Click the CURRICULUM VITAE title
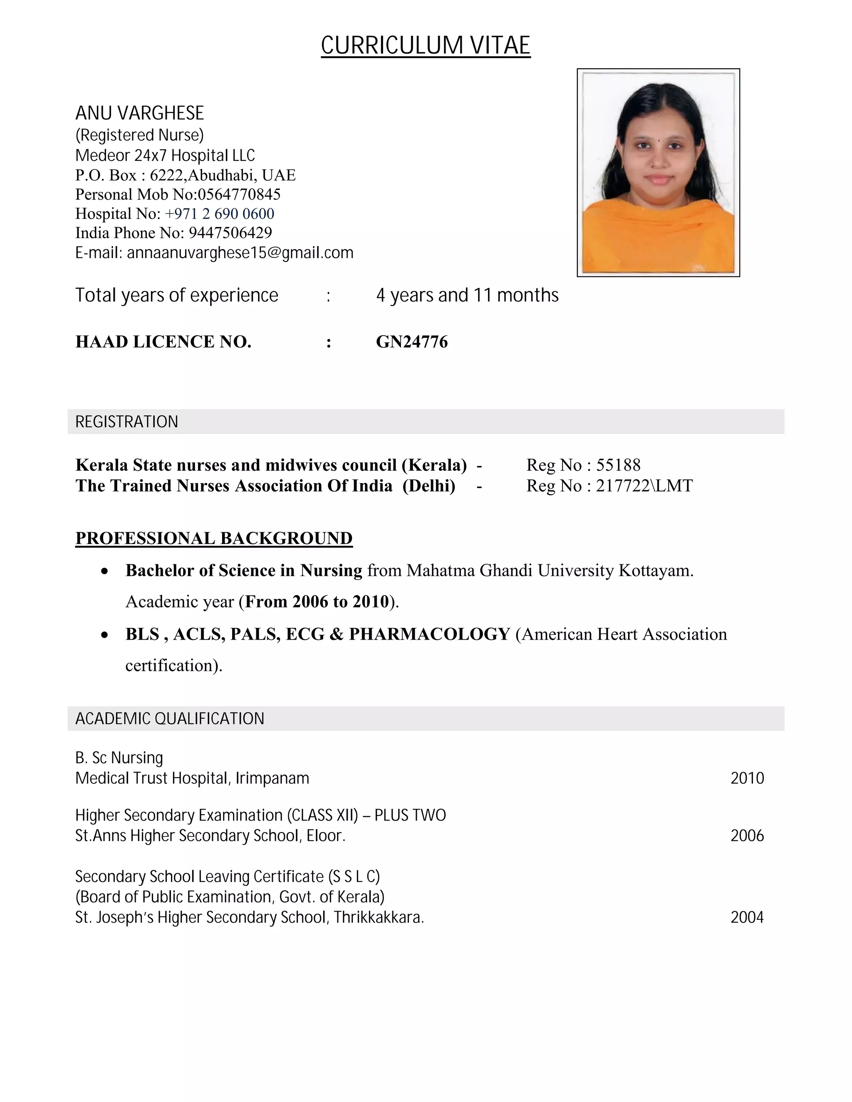point(426,45)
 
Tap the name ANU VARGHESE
point(139,113)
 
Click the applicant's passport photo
point(658,173)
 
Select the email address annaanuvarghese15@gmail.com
point(240,253)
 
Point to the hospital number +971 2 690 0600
point(220,214)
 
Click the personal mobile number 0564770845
point(239,195)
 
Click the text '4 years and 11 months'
point(467,296)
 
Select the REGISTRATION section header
point(127,422)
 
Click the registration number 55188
point(618,465)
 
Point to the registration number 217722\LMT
point(644,486)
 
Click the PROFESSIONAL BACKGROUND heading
point(214,539)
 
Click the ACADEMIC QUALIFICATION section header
point(170,719)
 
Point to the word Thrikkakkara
point(379,917)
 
